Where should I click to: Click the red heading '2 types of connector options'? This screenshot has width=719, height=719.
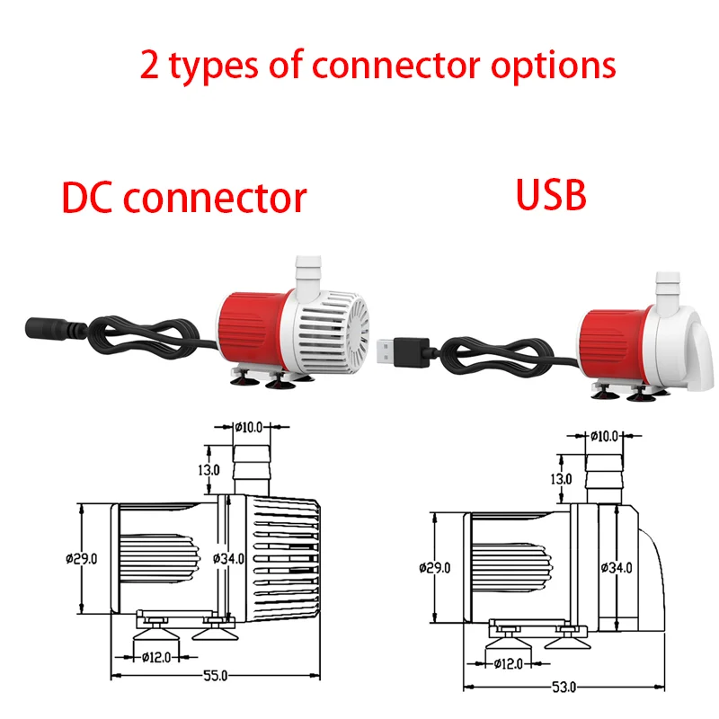click(x=377, y=65)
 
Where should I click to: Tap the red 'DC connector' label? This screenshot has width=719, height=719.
click(x=184, y=197)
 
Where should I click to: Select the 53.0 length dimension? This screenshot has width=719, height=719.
click(x=564, y=688)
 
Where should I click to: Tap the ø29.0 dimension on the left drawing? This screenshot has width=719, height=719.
click(x=81, y=558)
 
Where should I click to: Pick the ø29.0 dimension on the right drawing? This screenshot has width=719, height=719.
click(x=435, y=567)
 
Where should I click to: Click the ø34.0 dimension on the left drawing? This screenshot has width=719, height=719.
click(x=229, y=558)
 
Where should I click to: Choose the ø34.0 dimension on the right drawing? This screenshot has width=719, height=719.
click(x=617, y=567)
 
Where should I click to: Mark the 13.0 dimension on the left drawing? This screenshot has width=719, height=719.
click(x=209, y=469)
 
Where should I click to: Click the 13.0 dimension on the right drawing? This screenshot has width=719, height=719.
click(x=563, y=479)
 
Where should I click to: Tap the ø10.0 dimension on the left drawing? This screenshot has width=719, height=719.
click(x=252, y=427)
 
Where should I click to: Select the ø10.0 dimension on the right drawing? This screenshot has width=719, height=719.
click(x=604, y=436)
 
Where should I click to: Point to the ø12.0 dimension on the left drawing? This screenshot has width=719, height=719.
click(x=156, y=657)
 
